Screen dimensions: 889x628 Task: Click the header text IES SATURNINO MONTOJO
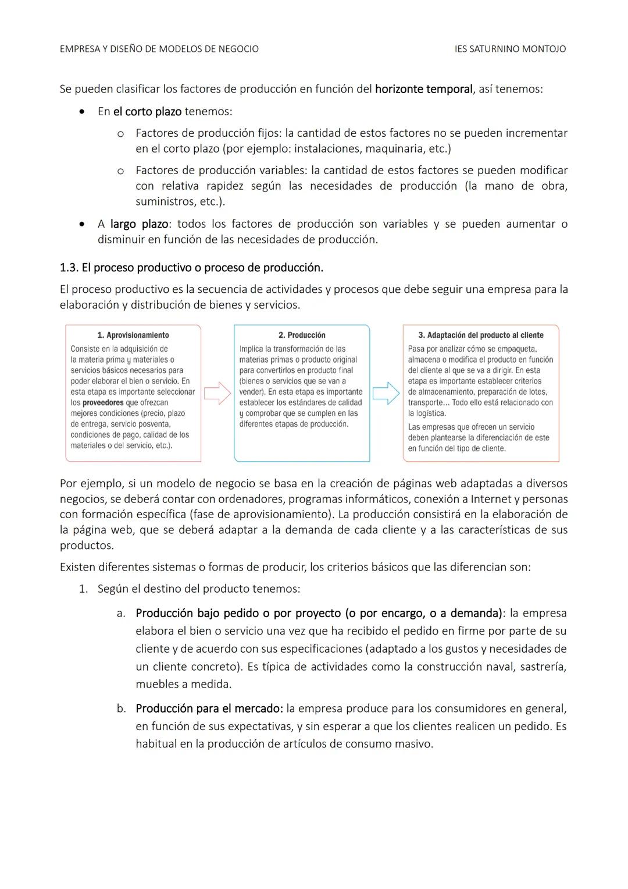tap(510, 49)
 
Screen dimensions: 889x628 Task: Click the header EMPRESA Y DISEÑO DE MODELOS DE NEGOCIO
tap(159, 49)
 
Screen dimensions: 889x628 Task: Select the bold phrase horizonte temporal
tap(423, 89)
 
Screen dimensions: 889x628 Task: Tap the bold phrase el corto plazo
tap(147, 111)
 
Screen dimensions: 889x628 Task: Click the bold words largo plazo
tap(139, 224)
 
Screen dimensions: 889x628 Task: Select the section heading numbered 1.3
tap(191, 268)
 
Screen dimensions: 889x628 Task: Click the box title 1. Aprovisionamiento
tap(133, 335)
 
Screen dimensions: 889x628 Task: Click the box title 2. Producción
tap(302, 335)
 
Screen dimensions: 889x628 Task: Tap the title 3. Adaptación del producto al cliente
tap(481, 335)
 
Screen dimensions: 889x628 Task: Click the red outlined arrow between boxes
tap(217, 394)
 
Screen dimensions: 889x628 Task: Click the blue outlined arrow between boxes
tap(386, 394)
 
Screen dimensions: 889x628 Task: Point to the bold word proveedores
tap(103, 403)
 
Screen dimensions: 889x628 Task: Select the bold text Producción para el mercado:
tap(209, 709)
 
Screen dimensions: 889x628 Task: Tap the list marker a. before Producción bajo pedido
tap(121, 614)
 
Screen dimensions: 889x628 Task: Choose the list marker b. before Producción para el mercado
tap(121, 709)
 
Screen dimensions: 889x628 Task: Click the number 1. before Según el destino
tap(83, 589)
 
